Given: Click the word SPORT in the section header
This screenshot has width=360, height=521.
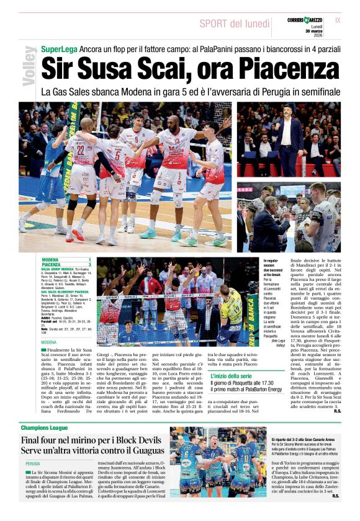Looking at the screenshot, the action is point(214,23).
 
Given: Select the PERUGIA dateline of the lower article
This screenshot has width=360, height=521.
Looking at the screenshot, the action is point(33,463).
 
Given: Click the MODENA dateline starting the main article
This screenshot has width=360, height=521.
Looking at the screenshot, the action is point(49,342).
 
